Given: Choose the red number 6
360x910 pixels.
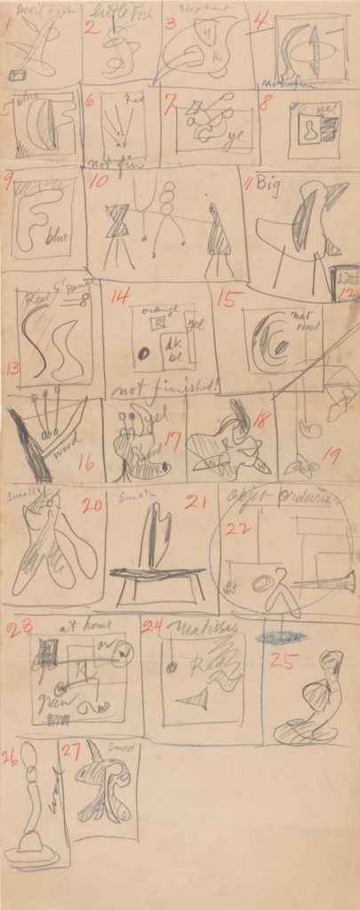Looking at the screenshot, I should (x=89, y=101).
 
